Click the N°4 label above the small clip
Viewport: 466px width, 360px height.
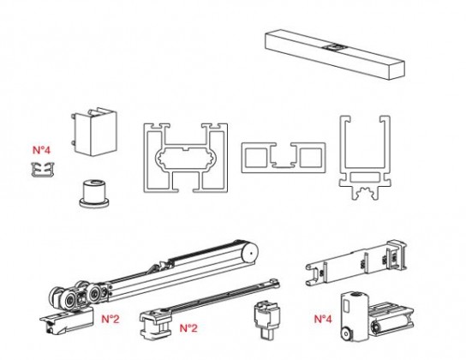[x=42, y=150]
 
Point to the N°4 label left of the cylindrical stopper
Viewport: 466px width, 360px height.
[x=322, y=320]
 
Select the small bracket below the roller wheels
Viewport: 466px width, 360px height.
[x=65, y=323]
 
